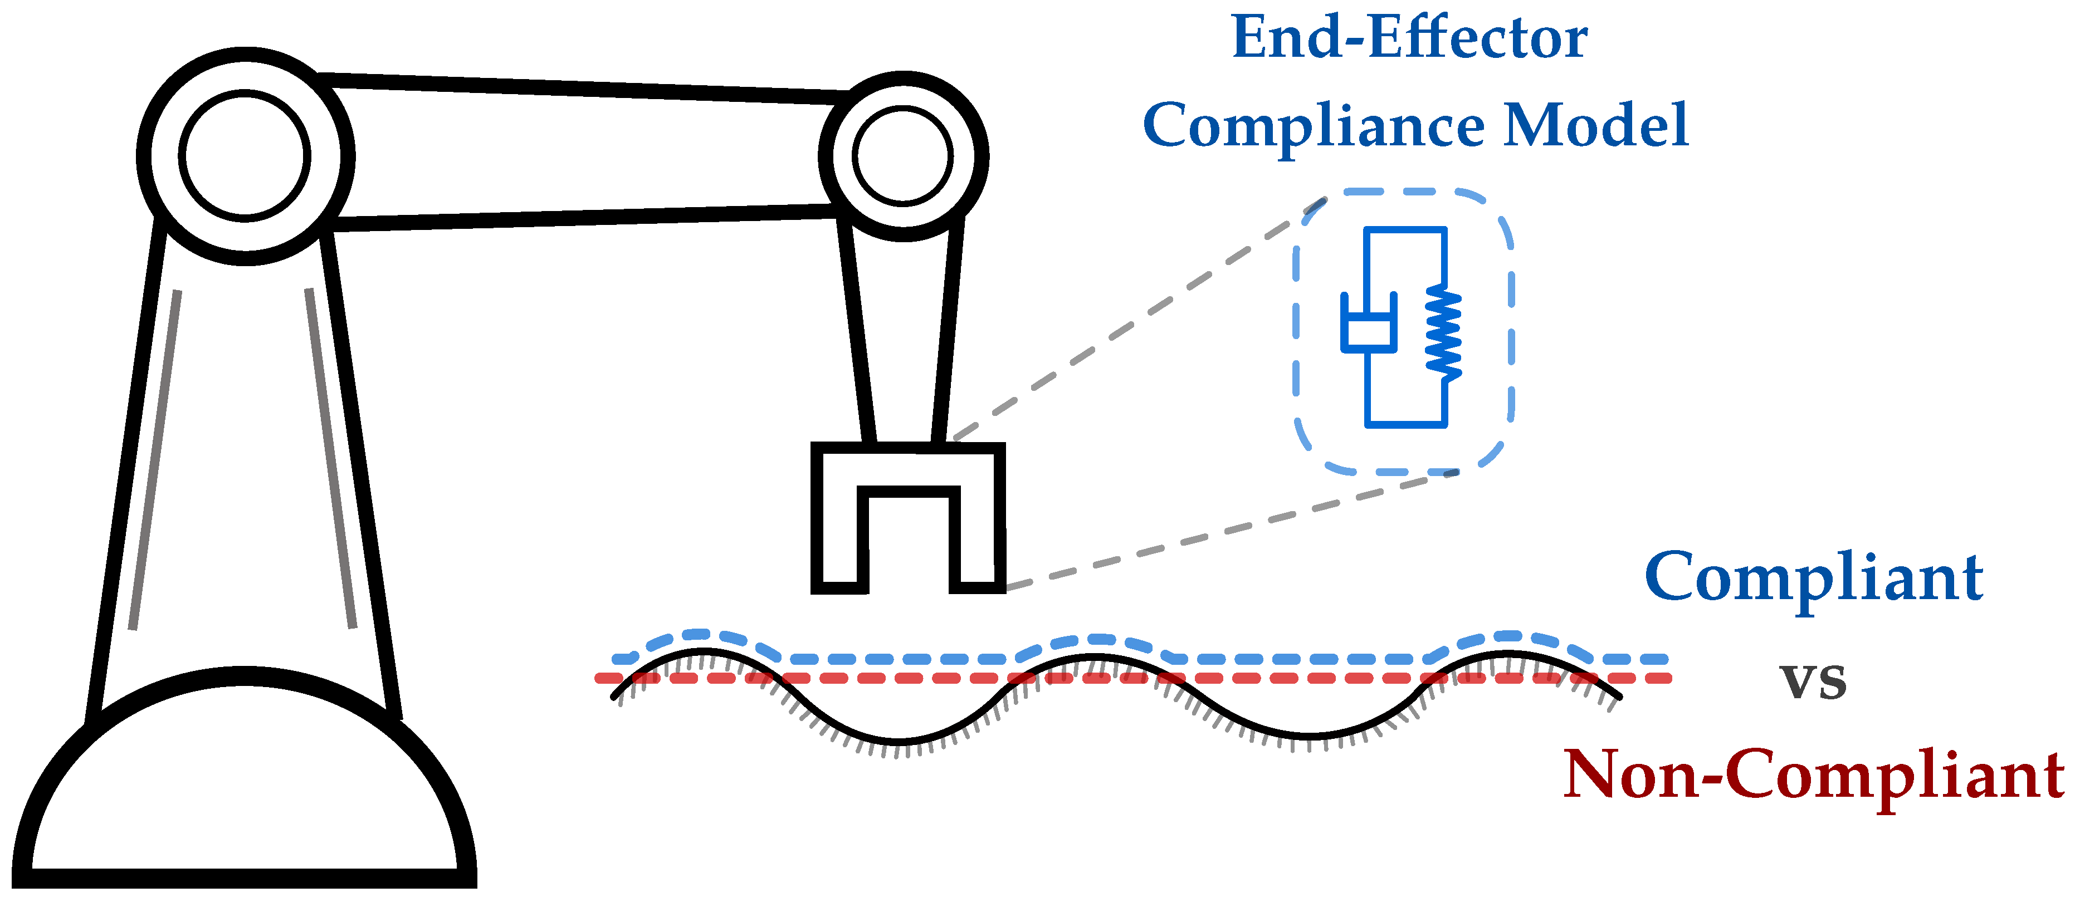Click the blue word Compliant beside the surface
(x=1813, y=579)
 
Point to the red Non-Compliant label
(x=1813, y=774)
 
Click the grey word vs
(x=1813, y=680)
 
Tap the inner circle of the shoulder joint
(x=245, y=155)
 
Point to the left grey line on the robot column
(x=155, y=459)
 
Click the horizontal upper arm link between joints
(x=580, y=153)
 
